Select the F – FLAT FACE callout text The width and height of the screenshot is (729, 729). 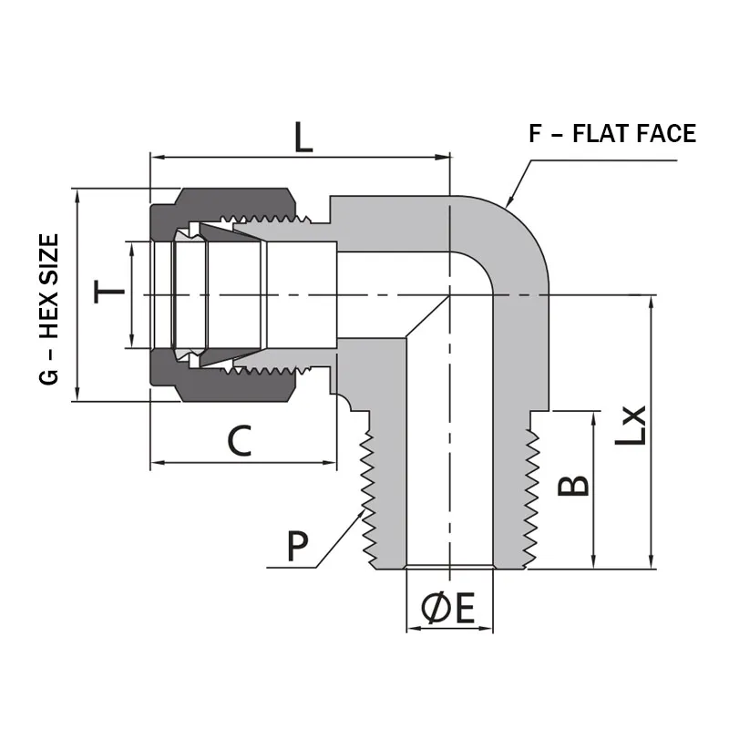(x=612, y=134)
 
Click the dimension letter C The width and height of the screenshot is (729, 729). (x=239, y=441)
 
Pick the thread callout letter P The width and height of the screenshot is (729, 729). (x=296, y=546)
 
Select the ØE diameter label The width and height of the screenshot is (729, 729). (x=448, y=609)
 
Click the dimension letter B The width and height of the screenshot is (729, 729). (x=573, y=486)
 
